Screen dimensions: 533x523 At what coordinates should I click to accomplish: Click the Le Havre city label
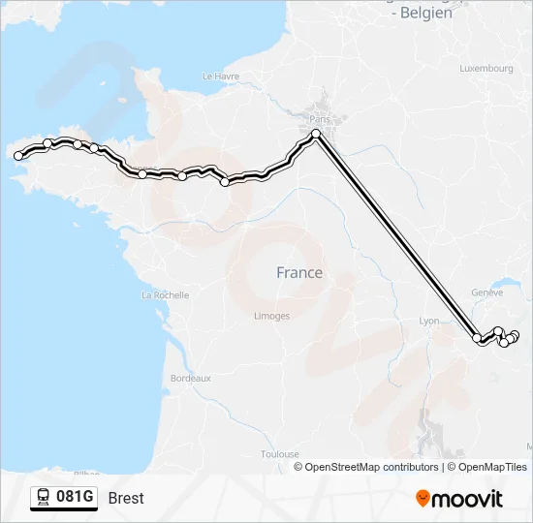tap(220, 76)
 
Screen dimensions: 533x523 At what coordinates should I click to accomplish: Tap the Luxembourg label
tap(486, 69)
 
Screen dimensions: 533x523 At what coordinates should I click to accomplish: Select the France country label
tap(299, 273)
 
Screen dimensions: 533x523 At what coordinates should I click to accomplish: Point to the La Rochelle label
tap(165, 294)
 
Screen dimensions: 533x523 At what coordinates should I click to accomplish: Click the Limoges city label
tap(271, 316)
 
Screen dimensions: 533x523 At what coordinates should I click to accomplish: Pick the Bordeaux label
tap(190, 378)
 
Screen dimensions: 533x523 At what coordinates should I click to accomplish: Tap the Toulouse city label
tap(279, 453)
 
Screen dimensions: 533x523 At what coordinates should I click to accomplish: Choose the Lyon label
tap(429, 321)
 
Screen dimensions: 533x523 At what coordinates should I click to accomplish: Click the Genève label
tap(486, 292)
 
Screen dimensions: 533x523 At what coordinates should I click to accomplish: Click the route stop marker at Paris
tap(316, 134)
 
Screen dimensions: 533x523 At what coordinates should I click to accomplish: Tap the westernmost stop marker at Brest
tap(17, 155)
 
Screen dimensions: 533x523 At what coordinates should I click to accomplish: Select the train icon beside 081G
tap(44, 498)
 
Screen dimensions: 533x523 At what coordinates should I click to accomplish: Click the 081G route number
tap(76, 498)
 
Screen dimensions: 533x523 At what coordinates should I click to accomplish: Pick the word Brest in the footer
tap(126, 498)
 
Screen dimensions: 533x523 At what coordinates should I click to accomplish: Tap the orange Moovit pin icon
tap(423, 498)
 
